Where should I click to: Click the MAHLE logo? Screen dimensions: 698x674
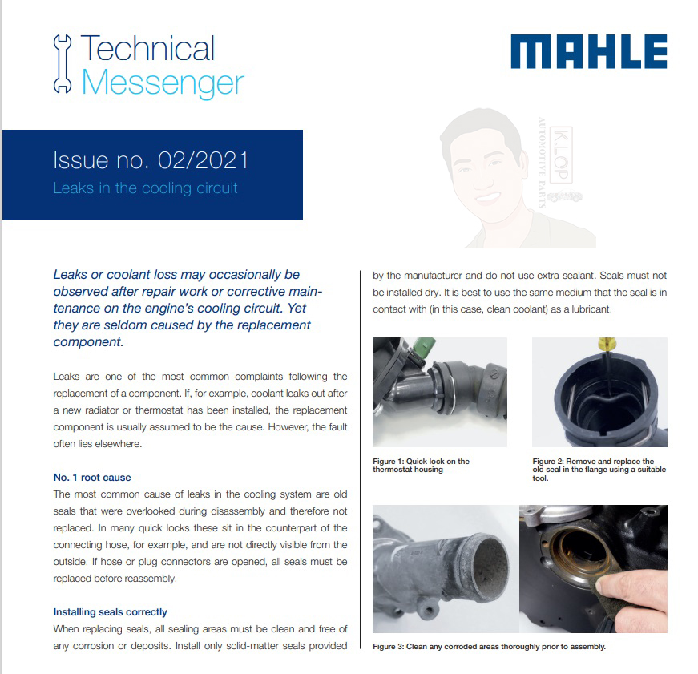click(x=588, y=51)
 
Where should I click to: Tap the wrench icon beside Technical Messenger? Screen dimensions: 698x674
click(x=63, y=63)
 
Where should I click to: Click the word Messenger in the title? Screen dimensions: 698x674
click(x=163, y=83)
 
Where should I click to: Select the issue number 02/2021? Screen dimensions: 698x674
click(x=203, y=160)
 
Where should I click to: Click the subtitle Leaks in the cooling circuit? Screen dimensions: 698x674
click(x=145, y=188)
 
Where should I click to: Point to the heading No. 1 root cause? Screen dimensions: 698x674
click(x=92, y=477)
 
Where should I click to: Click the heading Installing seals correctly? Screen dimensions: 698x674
click(x=110, y=612)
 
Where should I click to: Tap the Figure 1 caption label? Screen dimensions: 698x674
click(x=388, y=461)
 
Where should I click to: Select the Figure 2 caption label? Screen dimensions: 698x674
click(x=548, y=461)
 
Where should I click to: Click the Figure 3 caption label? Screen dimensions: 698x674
click(x=388, y=647)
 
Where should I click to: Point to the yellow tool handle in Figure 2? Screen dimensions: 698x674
click(x=607, y=344)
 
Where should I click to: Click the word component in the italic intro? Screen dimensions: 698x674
click(x=87, y=342)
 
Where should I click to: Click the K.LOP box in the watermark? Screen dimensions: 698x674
click(x=561, y=155)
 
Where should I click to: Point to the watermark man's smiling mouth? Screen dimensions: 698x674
click(x=487, y=197)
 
